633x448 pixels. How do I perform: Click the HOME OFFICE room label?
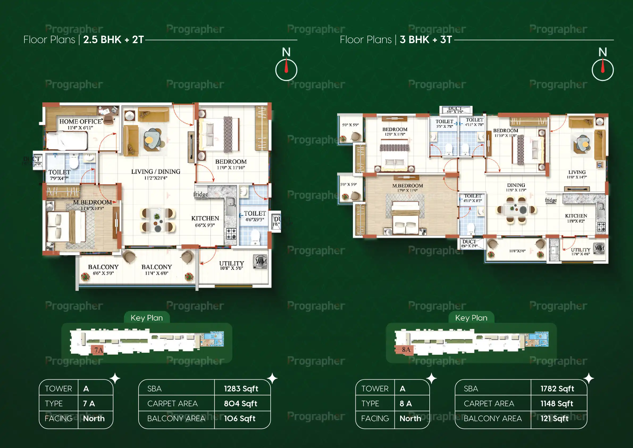point(80,122)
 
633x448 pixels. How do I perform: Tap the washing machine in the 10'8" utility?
point(260,262)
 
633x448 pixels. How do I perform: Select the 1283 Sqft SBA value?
point(241,389)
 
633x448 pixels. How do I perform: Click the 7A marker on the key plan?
point(98,350)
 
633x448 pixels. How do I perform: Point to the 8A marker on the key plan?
point(406,350)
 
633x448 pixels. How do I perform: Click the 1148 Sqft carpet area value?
point(556,404)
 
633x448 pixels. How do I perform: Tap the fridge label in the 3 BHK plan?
point(551,200)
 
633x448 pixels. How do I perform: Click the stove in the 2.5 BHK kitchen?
point(231,233)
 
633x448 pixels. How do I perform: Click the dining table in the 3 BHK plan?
point(515,209)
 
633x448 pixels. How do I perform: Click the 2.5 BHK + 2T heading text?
point(113,40)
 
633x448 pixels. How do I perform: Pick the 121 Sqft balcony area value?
point(554,418)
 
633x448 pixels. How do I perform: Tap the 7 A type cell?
point(89,404)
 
